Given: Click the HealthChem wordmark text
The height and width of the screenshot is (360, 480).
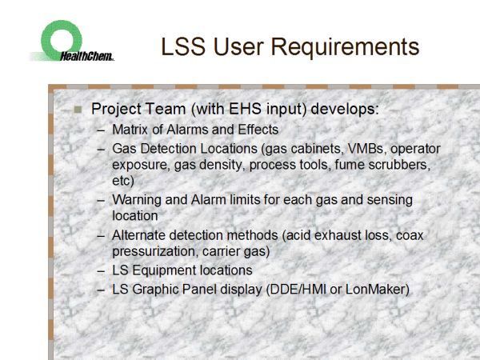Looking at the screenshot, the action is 87,56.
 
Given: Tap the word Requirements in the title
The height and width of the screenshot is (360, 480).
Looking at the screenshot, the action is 345,47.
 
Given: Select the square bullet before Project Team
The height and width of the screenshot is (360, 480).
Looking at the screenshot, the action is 78,110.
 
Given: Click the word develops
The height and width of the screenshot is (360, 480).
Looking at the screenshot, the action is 345,110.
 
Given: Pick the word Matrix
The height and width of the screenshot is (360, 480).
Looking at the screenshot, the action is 130,130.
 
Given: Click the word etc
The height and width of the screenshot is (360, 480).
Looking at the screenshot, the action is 122,181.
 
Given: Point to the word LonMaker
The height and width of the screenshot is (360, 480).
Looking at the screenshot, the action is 377,290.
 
